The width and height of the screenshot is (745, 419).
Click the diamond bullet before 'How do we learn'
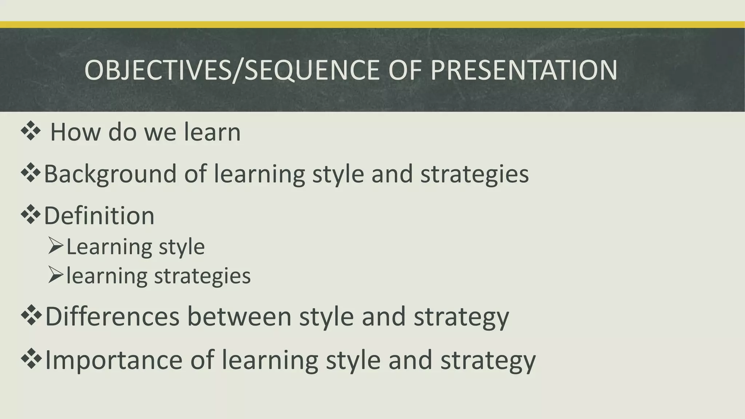[31, 131]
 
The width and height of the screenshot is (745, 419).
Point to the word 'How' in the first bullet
[75, 132]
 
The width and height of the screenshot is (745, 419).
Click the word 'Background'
[110, 174]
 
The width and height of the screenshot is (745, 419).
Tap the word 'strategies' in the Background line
[474, 174]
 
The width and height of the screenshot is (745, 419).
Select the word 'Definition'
[99, 216]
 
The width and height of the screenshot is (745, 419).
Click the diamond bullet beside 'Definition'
[31, 215]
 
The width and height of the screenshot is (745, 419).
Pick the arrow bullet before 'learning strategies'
[55, 275]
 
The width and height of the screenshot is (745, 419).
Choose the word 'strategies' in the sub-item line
[202, 276]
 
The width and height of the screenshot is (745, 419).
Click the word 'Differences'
[112, 316]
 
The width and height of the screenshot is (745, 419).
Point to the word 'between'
[239, 316]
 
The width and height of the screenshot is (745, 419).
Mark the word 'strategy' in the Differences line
[461, 317]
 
